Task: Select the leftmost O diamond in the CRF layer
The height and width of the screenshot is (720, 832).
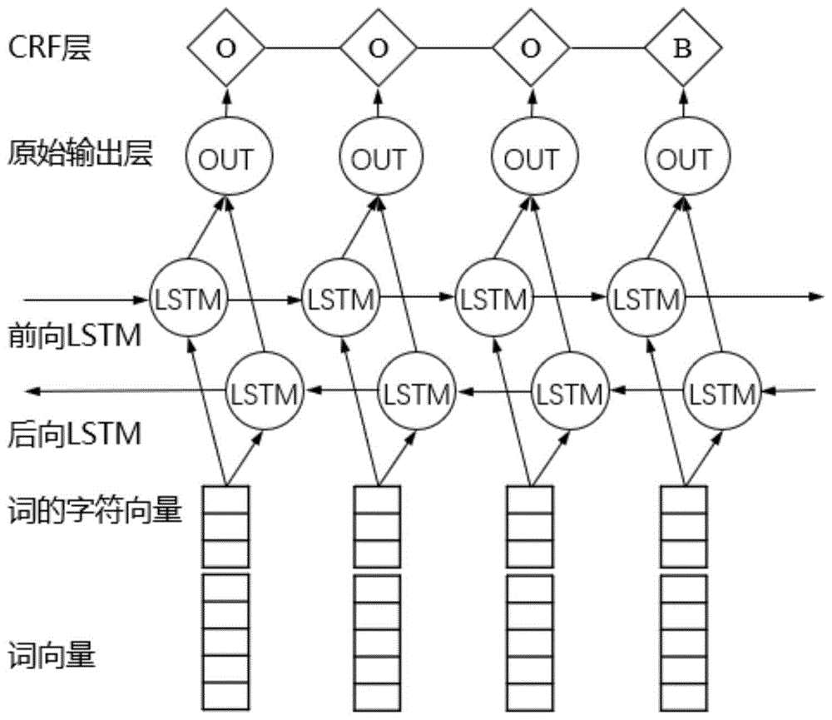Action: point(225,48)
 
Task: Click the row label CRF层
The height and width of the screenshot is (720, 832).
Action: point(50,47)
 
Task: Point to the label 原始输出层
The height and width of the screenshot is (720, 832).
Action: point(81,154)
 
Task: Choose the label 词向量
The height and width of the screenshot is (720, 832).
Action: point(52,657)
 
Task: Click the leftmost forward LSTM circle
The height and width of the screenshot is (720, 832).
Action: point(187,297)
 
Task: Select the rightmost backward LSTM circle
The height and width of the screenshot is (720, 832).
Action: point(721,390)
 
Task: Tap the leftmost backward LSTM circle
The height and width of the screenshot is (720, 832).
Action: point(265,390)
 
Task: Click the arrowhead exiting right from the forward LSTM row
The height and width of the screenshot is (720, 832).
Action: point(819,297)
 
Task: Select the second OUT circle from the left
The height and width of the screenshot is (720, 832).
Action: point(378,159)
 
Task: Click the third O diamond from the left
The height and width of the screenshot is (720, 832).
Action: point(530,48)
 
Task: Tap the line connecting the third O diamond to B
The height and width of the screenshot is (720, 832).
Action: point(606,48)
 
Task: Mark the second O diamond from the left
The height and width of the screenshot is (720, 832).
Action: point(378,48)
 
